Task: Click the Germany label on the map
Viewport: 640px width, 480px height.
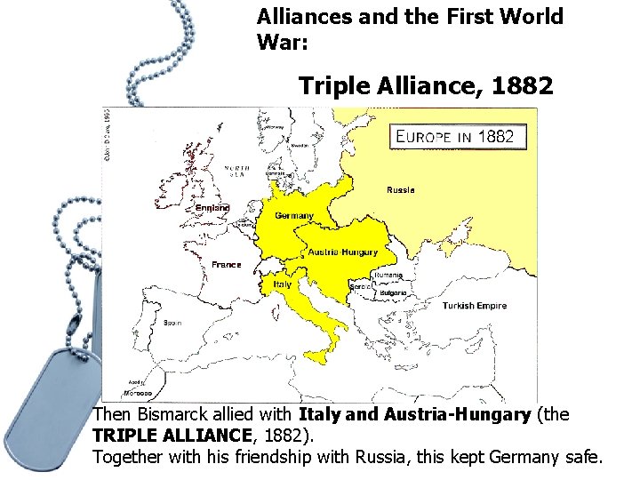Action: pos(294,216)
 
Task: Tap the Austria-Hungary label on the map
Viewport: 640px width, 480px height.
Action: pos(343,252)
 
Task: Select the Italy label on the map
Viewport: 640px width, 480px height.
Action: pos(282,284)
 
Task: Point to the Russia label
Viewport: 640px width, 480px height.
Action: pos(400,190)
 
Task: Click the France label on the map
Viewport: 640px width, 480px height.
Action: pos(227,265)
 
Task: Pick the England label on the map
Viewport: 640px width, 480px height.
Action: pos(212,208)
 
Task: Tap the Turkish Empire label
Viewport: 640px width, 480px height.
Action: pos(475,306)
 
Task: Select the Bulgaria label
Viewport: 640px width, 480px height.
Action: pos(394,292)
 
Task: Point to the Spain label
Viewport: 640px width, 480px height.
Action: pos(172,323)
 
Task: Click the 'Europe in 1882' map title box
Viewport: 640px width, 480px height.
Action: pos(458,136)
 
